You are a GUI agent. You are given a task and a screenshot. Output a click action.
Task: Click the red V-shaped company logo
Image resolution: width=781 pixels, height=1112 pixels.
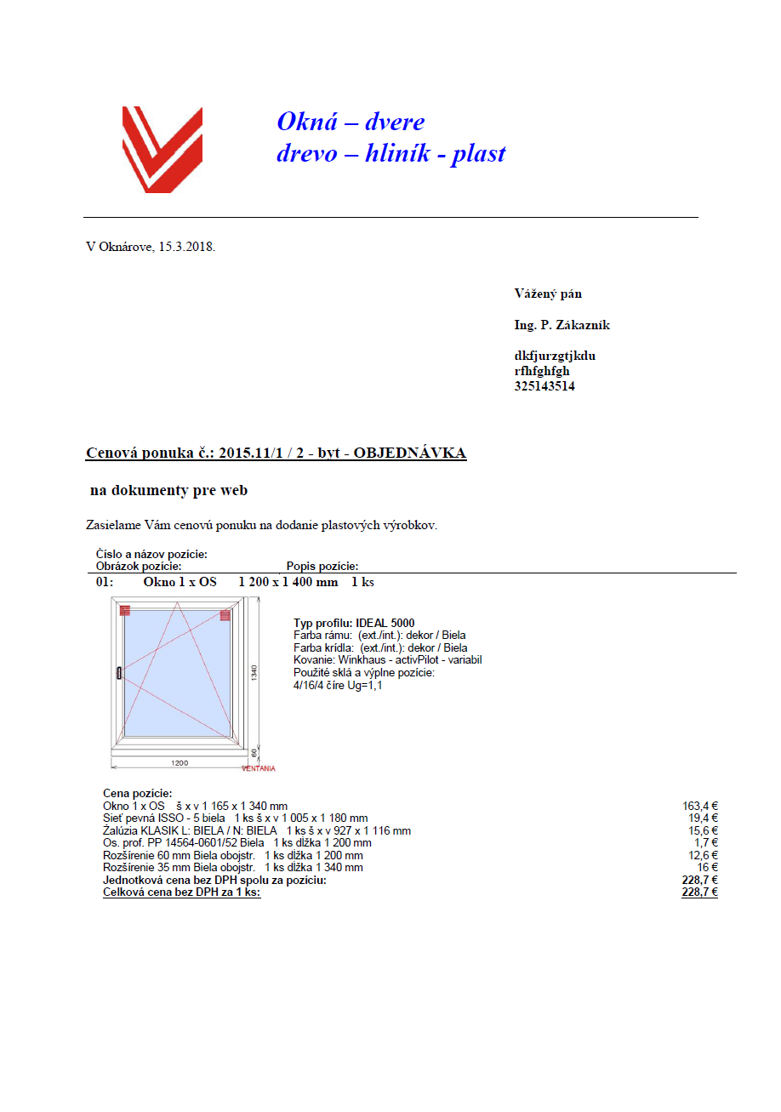pos(162,149)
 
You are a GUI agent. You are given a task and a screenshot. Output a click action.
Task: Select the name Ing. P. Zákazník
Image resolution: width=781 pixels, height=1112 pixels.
pos(562,325)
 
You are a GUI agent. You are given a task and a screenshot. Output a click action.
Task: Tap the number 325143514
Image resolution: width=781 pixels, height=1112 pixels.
pos(544,386)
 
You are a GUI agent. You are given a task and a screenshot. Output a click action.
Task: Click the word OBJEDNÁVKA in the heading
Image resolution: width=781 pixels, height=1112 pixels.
pos(409,453)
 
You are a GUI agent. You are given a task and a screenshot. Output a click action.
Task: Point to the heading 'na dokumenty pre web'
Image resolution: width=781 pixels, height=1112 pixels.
pos(168,491)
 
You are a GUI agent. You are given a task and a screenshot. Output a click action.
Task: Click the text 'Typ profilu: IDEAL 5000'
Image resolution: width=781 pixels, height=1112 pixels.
pos(354,623)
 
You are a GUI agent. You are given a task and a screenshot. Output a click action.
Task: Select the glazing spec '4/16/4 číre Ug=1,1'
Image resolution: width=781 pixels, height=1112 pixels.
pos(338,685)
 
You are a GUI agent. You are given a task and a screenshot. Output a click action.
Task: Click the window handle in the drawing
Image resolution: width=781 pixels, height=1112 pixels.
pos(119,674)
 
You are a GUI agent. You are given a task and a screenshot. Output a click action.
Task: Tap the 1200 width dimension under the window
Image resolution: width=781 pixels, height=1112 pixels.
pos(179,762)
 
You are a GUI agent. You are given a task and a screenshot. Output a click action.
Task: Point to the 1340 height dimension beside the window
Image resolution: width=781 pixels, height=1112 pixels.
pos(254,671)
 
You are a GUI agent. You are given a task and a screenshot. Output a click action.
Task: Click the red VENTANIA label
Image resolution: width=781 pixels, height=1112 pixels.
pos(259,768)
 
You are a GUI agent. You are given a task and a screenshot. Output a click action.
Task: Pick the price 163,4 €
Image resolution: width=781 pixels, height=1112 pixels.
pos(700,806)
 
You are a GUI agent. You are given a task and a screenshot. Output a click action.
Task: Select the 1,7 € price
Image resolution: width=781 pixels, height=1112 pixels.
pos(706,843)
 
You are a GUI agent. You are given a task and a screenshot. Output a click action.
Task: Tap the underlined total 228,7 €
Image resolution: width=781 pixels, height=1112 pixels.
pos(699,892)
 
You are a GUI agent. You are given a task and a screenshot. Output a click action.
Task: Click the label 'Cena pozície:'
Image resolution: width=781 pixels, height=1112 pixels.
pos(137,793)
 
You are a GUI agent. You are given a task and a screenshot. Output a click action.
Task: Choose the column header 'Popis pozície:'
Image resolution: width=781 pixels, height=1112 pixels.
pos(322,566)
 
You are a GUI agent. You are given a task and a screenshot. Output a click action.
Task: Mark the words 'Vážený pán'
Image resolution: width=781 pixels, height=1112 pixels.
pos(548,294)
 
